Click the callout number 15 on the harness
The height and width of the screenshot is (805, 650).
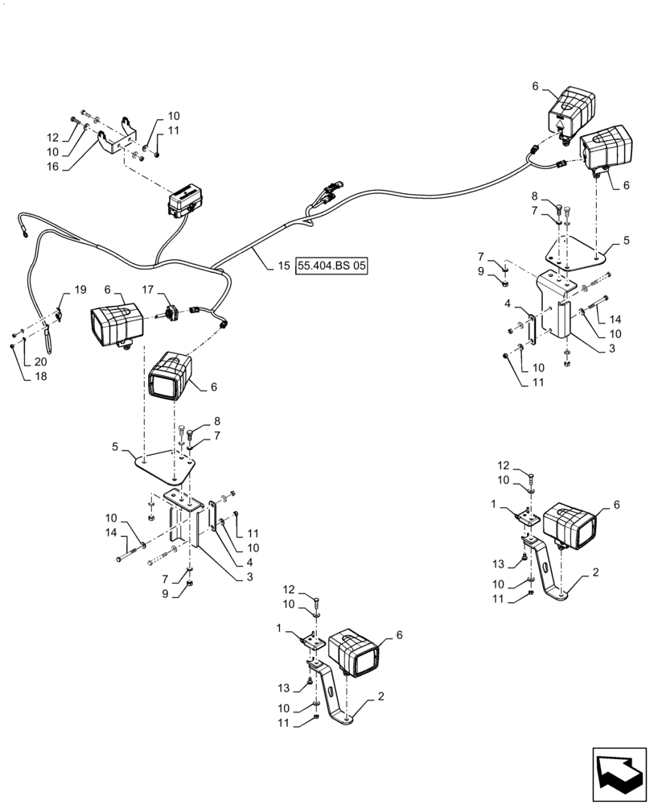tap(282, 264)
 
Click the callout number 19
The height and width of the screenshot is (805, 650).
tap(80, 289)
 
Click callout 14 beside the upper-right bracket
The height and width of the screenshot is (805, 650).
tap(616, 319)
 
